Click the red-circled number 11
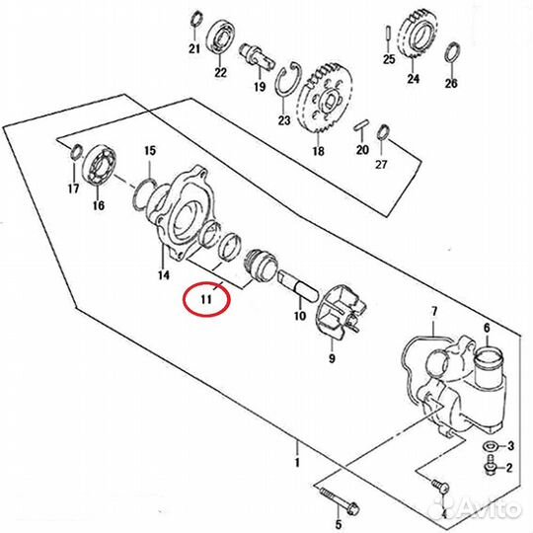206,299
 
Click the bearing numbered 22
220,38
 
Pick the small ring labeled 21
196,20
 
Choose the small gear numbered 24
419,35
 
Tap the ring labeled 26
453,51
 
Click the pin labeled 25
389,33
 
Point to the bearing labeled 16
101,165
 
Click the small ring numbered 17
76,151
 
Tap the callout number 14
163,274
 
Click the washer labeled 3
489,445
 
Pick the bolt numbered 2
490,465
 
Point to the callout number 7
433,310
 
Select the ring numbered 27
383,132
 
